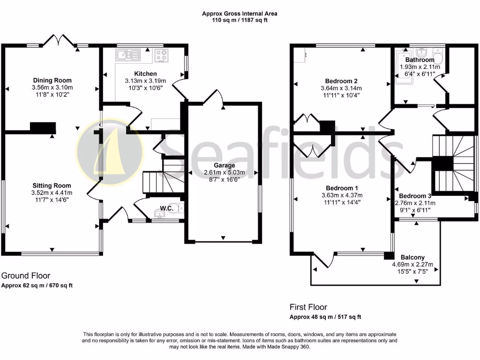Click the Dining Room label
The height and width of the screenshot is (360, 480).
click(x=52, y=80)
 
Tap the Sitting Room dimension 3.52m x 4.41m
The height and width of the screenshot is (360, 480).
click(x=52, y=193)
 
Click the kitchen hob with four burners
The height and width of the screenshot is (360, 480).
click(x=162, y=55)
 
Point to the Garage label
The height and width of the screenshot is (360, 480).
click(x=224, y=165)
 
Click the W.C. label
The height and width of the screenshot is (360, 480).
click(x=167, y=208)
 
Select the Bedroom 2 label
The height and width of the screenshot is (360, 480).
click(x=341, y=80)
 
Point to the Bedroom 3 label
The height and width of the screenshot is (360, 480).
click(x=415, y=195)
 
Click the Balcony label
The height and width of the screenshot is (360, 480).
click(x=412, y=257)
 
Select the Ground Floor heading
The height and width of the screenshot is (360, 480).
click(x=26, y=276)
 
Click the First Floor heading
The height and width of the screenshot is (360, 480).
click(x=308, y=307)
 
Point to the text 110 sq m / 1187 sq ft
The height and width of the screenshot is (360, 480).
click(x=240, y=21)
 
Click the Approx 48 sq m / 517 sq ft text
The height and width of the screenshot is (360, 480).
click(x=325, y=317)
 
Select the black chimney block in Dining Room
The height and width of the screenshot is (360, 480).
click(x=43, y=128)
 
